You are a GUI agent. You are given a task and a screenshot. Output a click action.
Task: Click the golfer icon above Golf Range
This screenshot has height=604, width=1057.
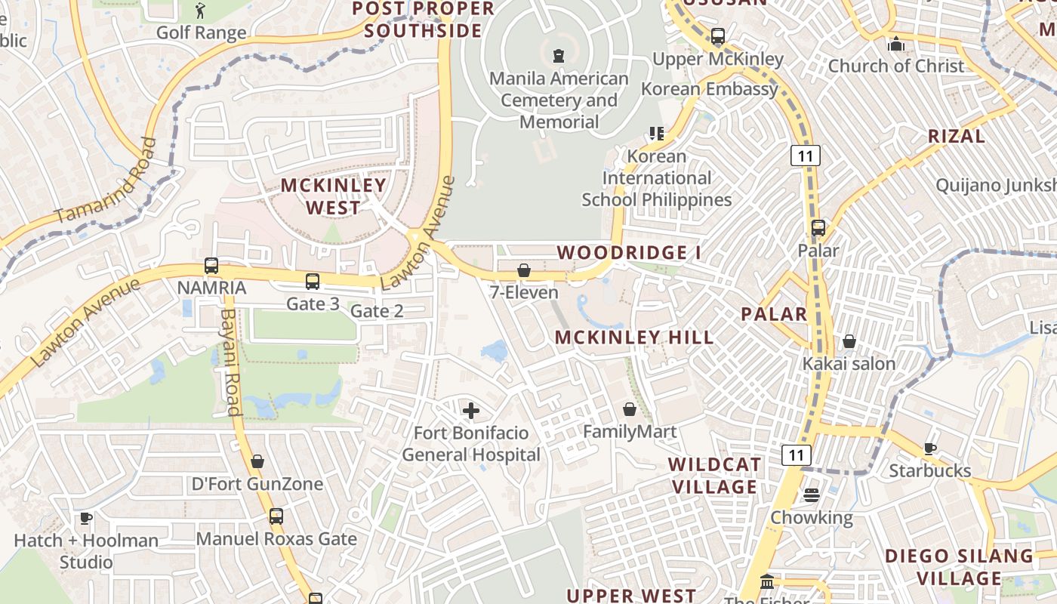[x=200, y=11]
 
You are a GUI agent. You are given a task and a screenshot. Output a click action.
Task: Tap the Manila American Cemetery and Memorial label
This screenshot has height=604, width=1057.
[x=559, y=100]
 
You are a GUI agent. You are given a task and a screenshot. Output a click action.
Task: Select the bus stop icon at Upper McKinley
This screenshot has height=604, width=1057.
[x=718, y=35]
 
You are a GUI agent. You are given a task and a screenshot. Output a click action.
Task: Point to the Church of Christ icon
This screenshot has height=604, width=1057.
[x=896, y=43]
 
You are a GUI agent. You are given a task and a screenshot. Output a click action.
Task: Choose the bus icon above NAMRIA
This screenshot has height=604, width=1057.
[x=211, y=266]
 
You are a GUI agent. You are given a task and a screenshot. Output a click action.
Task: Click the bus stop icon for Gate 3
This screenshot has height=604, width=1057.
[x=313, y=282]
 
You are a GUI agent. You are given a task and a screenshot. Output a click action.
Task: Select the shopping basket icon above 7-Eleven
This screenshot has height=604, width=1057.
[x=524, y=270]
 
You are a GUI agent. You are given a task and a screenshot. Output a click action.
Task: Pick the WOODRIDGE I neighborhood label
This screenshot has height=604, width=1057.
[x=629, y=252]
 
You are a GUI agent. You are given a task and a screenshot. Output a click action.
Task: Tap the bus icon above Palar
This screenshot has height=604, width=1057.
[x=818, y=227]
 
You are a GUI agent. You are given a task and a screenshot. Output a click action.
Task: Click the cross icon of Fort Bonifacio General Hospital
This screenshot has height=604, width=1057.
[x=471, y=411]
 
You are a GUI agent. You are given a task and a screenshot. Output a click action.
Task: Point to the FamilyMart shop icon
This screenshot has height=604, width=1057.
[x=630, y=409]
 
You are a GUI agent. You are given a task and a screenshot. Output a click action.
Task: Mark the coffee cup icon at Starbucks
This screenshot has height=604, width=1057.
[x=930, y=448]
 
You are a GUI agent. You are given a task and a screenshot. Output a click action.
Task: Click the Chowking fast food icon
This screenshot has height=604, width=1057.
[x=812, y=495]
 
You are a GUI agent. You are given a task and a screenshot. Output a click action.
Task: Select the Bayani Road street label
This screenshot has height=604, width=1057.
[x=230, y=362]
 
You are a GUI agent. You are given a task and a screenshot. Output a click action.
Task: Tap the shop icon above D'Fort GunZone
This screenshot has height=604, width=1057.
[x=257, y=461]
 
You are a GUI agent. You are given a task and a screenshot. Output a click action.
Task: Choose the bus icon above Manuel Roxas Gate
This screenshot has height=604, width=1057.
[x=276, y=516]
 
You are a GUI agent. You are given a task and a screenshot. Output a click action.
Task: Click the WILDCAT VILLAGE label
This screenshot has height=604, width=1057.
[x=714, y=476]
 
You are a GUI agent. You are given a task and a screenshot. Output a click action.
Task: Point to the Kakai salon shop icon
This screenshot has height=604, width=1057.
[x=849, y=341]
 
